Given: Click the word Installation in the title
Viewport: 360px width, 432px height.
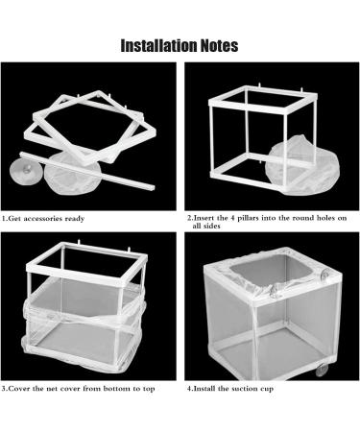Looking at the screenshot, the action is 159,45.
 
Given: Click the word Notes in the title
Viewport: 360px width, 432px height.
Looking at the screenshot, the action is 219,45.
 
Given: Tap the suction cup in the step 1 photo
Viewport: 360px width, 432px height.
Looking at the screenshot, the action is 25,172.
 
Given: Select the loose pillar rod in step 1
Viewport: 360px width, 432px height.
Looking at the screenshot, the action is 87,171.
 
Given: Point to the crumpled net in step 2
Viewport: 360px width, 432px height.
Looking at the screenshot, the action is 301,165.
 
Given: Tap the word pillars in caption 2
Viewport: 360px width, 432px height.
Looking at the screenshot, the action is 248,218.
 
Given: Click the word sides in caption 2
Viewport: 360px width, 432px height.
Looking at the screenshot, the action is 211,226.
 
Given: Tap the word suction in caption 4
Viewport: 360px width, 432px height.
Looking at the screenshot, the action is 246,389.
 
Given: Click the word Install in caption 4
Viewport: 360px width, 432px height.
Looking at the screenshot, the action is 204,389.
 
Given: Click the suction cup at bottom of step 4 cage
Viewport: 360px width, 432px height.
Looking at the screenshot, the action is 321,371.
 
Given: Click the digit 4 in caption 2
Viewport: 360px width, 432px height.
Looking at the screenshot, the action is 232,218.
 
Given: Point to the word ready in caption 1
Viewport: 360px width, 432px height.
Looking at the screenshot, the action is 75,219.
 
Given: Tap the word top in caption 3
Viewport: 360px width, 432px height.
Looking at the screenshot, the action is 149,389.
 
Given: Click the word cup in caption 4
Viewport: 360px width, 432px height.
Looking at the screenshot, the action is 268,389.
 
